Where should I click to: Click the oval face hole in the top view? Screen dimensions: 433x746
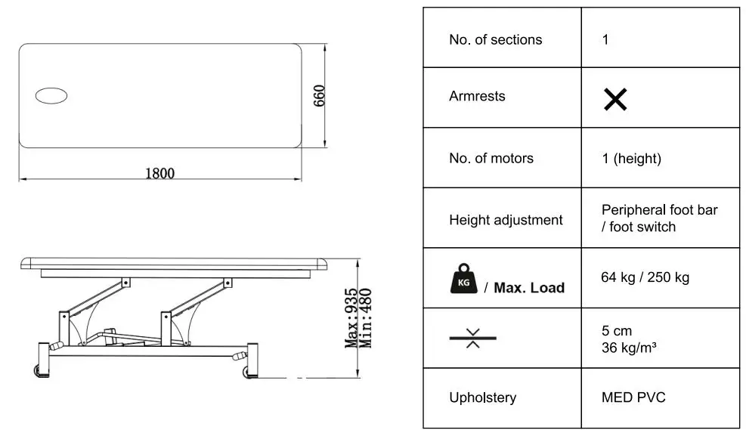coord(51,95)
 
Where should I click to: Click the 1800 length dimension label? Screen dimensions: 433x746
coord(159,173)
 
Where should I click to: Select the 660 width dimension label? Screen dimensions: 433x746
coord(319,95)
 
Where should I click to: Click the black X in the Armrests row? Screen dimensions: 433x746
coord(615,99)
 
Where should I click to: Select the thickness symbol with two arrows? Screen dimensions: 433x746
coord(473,338)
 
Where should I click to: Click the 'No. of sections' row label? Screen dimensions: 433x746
coord(495,39)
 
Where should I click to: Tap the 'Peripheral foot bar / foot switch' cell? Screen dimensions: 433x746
coord(659,218)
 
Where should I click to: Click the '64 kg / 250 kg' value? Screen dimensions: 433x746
coord(645,277)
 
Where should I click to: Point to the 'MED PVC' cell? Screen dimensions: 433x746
coord(633,397)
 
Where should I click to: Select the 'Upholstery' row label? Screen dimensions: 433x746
coord(482,397)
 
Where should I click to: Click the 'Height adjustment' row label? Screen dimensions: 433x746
coord(506,220)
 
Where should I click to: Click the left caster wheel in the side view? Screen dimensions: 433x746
coord(38,371)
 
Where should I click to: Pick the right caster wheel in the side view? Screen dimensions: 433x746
coord(247,372)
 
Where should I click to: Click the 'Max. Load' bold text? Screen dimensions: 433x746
coord(529,287)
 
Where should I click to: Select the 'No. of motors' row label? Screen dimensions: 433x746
coord(491,158)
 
